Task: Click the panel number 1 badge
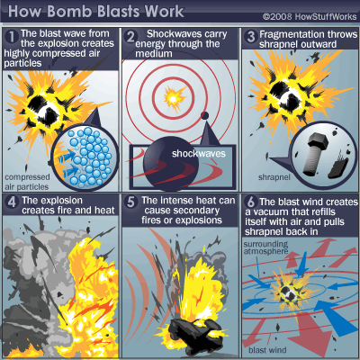point(12,37)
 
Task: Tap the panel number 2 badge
point(130,37)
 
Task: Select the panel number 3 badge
point(250,37)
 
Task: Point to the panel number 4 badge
point(12,202)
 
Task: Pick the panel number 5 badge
point(130,202)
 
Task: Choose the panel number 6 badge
point(251,202)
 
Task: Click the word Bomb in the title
point(69,12)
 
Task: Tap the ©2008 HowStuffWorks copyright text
point(310,16)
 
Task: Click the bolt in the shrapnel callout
point(314,154)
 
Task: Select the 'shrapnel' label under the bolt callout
point(274,177)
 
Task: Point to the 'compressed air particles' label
point(27,182)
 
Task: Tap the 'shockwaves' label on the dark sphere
point(199,154)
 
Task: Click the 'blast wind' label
point(267,350)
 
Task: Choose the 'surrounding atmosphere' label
point(265,247)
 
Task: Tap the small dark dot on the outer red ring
point(205,115)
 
